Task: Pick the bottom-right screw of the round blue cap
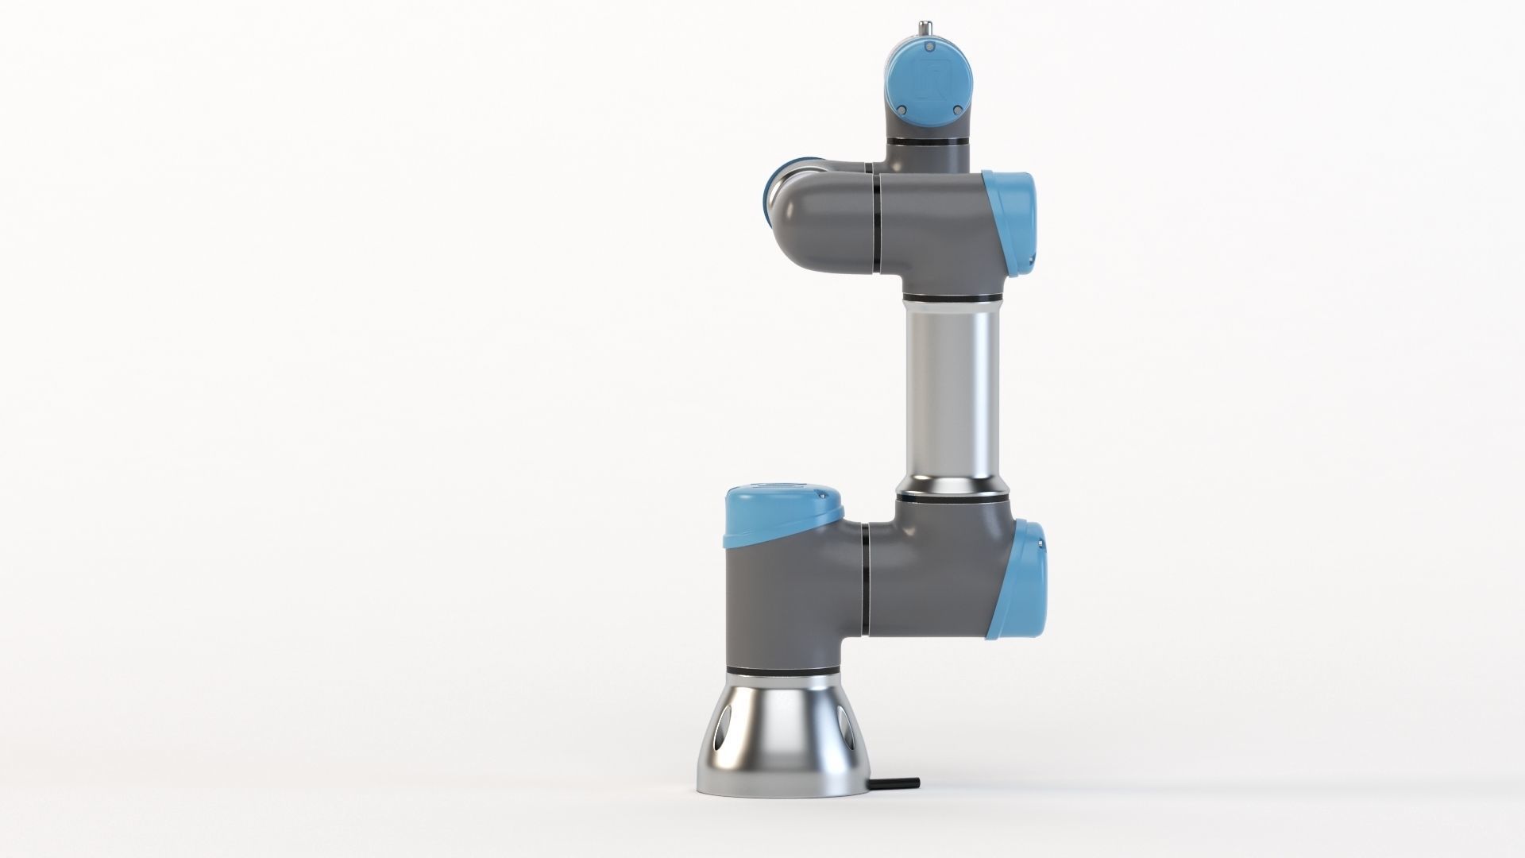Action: click(957, 110)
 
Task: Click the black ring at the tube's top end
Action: click(950, 298)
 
